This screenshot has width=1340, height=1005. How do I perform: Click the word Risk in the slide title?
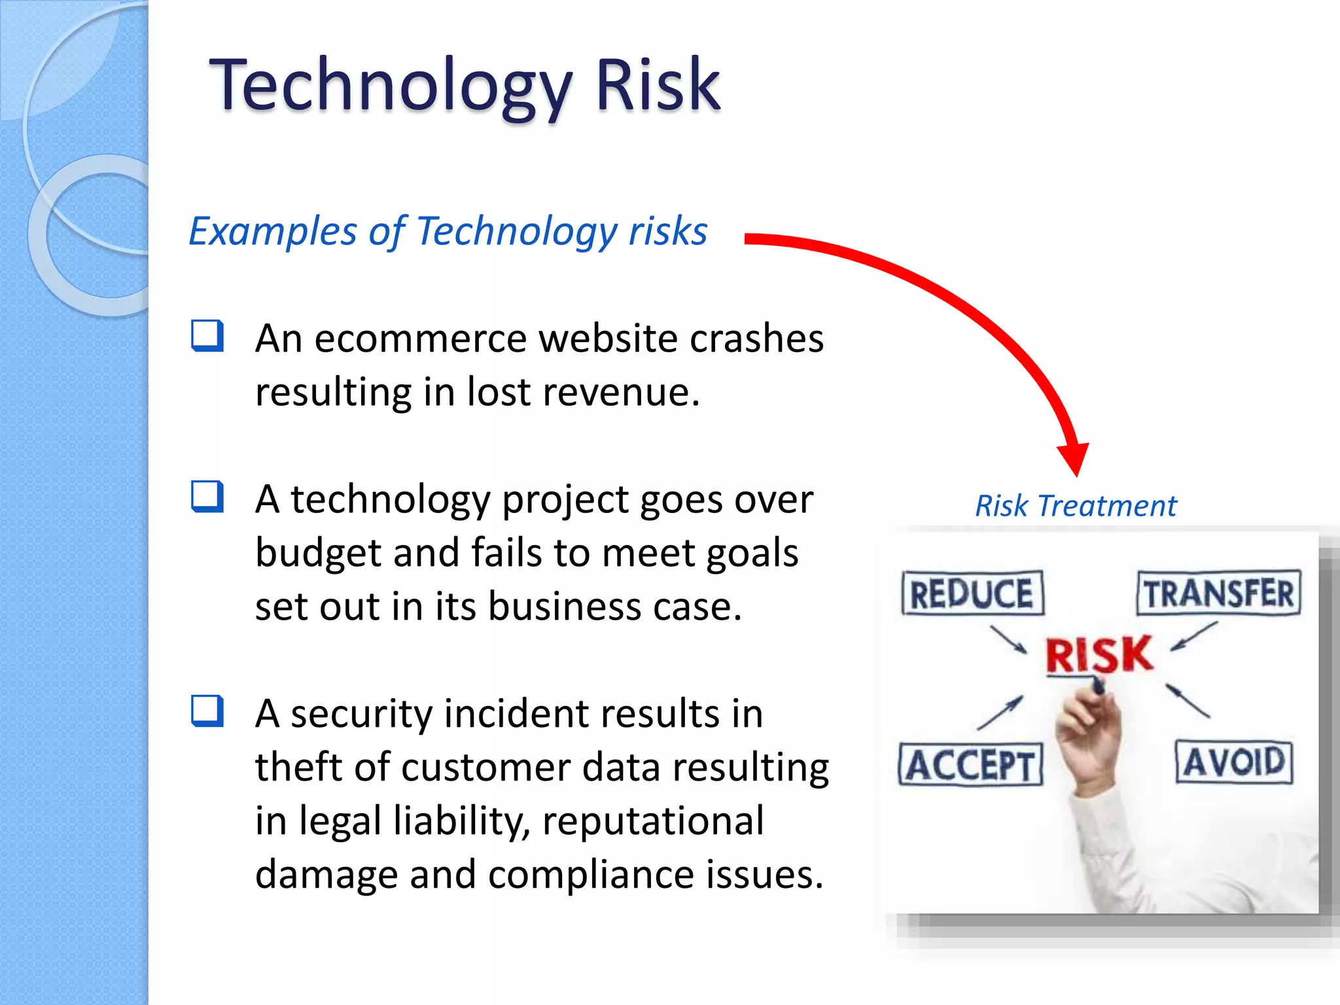(x=657, y=85)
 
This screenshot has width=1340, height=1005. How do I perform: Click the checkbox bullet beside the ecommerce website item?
(x=207, y=336)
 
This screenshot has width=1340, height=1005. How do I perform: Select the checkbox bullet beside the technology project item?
(x=207, y=497)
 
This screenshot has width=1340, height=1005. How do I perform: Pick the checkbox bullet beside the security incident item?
(x=207, y=711)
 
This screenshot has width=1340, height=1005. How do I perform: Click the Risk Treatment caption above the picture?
(x=1075, y=506)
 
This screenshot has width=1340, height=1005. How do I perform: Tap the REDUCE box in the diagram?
(x=972, y=593)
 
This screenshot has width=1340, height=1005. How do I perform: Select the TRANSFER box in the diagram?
(x=1218, y=593)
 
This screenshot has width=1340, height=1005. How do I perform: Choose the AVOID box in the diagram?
(x=1234, y=762)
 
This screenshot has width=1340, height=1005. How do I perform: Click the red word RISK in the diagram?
(x=1099, y=654)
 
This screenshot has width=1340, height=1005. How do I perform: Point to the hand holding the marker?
(x=1086, y=733)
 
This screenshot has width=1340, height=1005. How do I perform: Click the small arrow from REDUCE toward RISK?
(x=1009, y=640)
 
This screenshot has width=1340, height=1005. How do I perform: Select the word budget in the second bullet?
(x=318, y=553)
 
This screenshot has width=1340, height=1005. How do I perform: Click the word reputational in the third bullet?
(x=652, y=821)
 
